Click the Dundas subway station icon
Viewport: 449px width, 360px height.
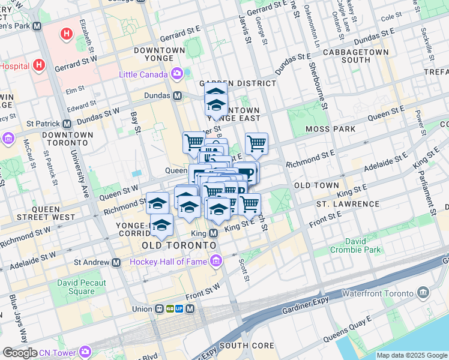[x=178, y=95]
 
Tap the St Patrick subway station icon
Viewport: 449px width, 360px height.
[x=67, y=124]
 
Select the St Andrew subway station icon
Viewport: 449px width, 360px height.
[x=115, y=262]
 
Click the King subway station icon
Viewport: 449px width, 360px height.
[x=213, y=233]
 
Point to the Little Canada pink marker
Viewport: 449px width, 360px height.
[x=177, y=74]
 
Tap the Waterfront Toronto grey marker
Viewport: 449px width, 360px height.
[x=424, y=293]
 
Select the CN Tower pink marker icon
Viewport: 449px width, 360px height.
[x=85, y=351]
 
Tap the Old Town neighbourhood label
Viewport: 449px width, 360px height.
[x=316, y=185]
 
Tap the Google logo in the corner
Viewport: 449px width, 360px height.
[x=20, y=353]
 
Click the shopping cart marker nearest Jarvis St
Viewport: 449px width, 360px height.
[x=256, y=143]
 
